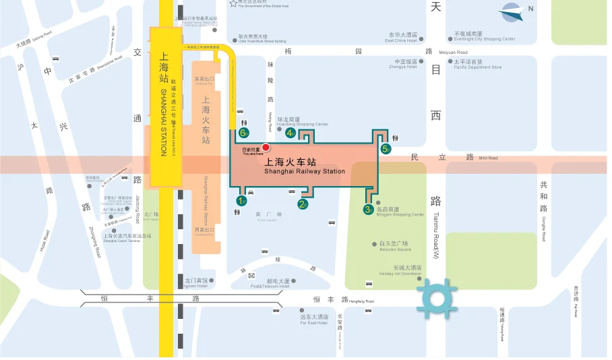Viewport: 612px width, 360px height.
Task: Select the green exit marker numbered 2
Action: click(x=303, y=204)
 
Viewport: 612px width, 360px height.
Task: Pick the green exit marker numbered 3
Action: click(x=368, y=210)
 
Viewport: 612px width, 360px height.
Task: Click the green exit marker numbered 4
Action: click(x=290, y=133)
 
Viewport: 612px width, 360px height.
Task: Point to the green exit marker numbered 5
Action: click(x=386, y=149)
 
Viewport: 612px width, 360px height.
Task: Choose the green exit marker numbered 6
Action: click(x=243, y=133)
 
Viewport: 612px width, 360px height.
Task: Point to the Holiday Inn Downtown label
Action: click(x=401, y=274)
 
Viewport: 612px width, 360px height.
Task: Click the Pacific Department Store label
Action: click(x=478, y=67)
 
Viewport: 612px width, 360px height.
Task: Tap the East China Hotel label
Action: click(x=402, y=40)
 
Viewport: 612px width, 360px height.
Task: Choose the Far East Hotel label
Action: click(x=314, y=323)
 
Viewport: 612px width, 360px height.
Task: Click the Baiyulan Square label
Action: click(x=394, y=249)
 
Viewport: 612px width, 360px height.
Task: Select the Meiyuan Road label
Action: click(x=453, y=52)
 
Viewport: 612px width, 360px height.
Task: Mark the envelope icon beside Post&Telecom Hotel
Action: click(x=251, y=276)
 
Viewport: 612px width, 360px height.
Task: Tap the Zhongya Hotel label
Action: click(x=403, y=66)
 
